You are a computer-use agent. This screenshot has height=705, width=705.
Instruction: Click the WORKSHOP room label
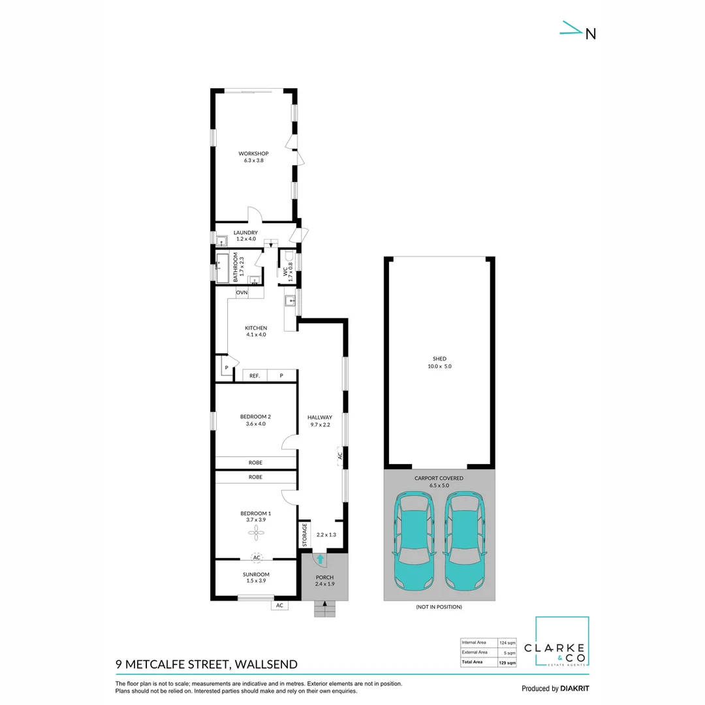253,154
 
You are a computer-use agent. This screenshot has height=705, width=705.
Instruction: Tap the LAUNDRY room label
245,232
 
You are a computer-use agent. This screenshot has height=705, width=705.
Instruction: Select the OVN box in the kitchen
242,292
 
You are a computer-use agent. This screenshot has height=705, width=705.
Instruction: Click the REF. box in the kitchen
255,375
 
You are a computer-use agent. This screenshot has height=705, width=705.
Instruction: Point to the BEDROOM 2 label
255,416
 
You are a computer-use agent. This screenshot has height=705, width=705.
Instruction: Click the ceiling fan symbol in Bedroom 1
257,533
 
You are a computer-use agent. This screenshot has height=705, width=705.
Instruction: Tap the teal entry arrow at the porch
320,559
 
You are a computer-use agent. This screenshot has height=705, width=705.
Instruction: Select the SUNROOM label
256,574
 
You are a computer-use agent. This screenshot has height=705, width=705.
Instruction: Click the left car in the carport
414,541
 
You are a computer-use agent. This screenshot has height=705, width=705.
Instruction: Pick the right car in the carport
465,541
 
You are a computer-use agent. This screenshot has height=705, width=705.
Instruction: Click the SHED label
440,359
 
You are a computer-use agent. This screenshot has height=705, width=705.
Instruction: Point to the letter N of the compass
591,34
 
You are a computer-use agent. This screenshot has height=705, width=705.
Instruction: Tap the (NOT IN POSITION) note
439,607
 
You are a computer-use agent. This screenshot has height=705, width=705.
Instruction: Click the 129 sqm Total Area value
507,663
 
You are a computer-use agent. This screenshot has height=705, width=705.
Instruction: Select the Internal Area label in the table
474,642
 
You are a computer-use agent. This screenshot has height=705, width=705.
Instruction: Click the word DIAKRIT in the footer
574,689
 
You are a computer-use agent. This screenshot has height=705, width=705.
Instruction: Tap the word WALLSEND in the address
266,664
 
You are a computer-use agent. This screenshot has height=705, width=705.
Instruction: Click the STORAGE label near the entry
304,535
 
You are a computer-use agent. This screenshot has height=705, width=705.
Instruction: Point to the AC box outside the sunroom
279,606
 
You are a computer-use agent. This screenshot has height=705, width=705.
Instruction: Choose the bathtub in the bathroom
222,268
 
